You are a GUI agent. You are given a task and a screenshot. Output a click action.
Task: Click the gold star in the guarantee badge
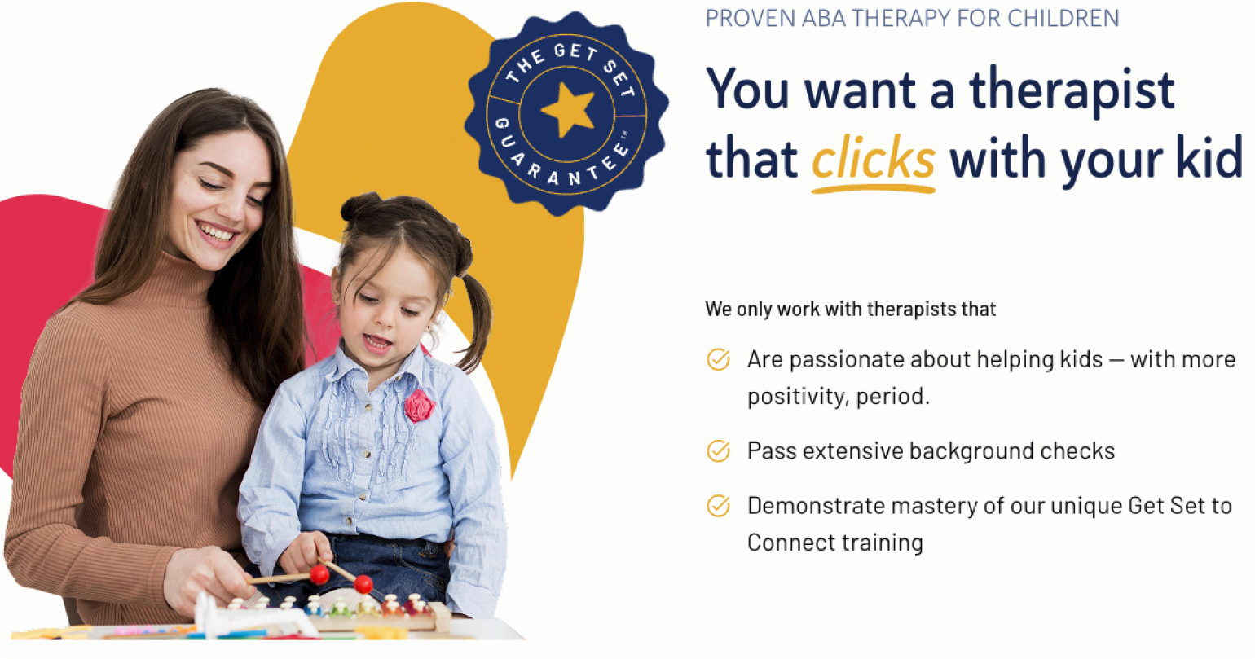click(x=568, y=110)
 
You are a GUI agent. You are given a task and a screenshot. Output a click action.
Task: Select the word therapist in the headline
click(x=1072, y=90)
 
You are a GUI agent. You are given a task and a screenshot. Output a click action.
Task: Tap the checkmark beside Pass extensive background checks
click(x=718, y=450)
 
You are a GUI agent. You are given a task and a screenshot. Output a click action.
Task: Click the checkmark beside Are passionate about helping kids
click(x=718, y=359)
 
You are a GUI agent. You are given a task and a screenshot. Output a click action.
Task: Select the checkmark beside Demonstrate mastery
click(x=718, y=506)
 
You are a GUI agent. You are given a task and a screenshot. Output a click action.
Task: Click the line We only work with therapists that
click(x=851, y=309)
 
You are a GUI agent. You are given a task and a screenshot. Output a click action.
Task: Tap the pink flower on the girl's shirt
click(x=419, y=406)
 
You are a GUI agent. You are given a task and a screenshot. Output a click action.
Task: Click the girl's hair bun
click(x=360, y=207)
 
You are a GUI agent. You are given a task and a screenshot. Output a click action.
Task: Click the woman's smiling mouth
click(x=217, y=232)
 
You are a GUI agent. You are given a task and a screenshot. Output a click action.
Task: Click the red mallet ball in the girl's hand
click(x=319, y=575)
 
